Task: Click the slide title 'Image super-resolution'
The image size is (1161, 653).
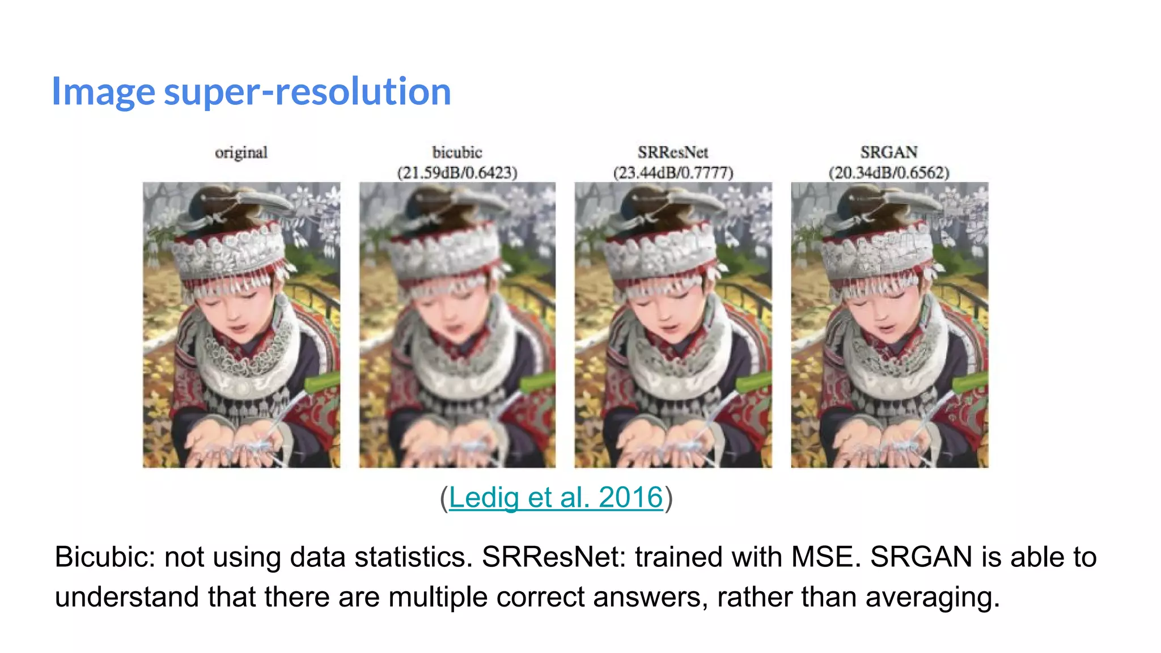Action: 251,91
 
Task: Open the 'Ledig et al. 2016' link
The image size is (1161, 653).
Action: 556,497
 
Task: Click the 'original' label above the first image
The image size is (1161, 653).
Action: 241,152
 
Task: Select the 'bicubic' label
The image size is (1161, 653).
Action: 457,152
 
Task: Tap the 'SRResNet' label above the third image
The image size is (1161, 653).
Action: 673,152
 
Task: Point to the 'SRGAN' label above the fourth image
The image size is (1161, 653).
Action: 888,152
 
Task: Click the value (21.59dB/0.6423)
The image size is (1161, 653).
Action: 457,172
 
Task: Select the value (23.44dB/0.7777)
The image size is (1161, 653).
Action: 673,172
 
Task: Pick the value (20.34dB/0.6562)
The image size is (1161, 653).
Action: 888,172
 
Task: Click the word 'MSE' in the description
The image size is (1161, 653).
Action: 825,557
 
